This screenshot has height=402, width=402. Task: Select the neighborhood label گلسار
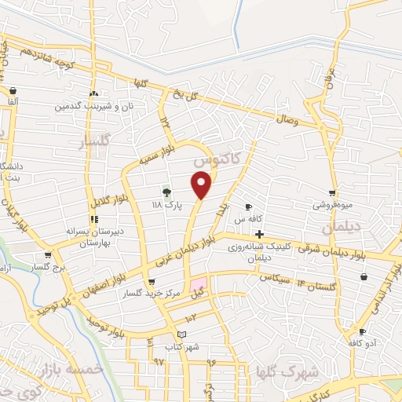point(93,142)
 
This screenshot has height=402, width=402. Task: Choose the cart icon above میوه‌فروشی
point(333,193)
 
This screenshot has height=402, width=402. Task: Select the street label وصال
point(287,119)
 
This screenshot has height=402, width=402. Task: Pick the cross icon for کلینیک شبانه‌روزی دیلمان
point(259,233)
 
